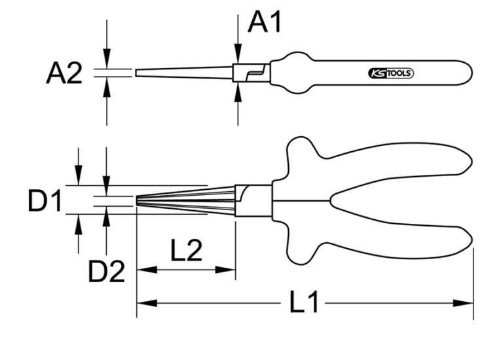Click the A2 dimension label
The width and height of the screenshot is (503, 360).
click(x=64, y=74)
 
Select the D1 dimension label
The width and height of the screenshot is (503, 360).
click(x=45, y=201)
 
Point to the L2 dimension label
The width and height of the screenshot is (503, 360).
click(x=185, y=250)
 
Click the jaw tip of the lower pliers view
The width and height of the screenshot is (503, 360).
click(x=138, y=199)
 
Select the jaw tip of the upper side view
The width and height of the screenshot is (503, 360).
click(x=138, y=72)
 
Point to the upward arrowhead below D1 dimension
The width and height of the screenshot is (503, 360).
click(x=79, y=223)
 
